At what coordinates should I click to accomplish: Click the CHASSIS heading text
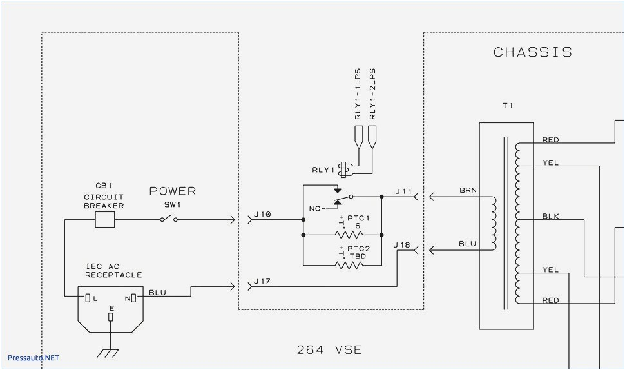tap(532, 52)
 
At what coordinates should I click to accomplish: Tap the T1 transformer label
tap(508, 106)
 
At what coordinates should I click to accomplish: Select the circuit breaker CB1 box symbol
tap(104, 220)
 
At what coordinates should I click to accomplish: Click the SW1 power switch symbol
tap(168, 220)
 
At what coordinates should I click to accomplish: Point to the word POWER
tap(172, 191)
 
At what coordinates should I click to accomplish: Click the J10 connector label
tap(263, 214)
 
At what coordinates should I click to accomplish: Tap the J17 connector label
tap(263, 281)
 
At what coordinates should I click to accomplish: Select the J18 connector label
tap(402, 245)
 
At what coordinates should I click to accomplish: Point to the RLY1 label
tap(323, 170)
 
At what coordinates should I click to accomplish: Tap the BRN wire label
tap(468, 191)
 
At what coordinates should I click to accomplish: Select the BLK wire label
tap(550, 217)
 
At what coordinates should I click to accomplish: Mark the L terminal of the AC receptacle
tap(88, 297)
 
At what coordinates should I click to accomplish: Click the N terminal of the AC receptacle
tap(133, 297)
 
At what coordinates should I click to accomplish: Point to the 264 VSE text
tap(329, 350)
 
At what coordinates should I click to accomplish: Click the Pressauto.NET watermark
tap(33, 357)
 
